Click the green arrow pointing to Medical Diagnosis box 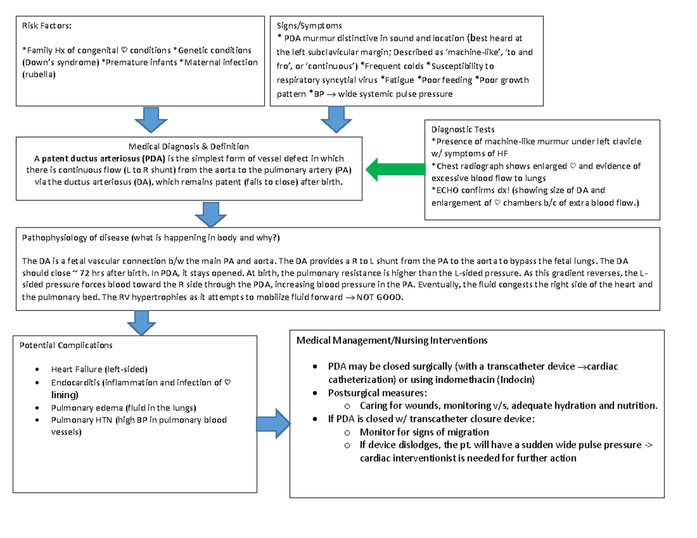(397, 169)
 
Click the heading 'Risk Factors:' (48, 26)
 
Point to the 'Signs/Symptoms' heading (310, 26)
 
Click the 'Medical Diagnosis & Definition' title (189, 146)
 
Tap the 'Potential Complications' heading (67, 345)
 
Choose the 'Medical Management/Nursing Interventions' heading (392, 340)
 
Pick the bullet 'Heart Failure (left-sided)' (99, 369)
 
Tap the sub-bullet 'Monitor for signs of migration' (424, 432)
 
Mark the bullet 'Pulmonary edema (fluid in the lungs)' (124, 407)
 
